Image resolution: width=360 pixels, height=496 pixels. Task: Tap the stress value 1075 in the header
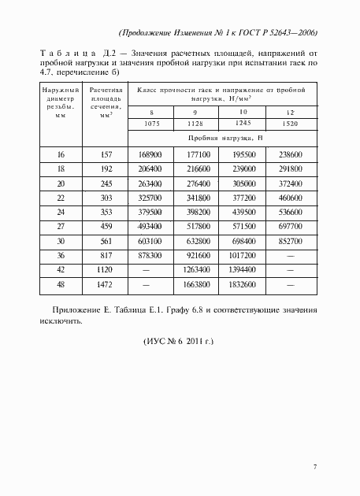[150, 124]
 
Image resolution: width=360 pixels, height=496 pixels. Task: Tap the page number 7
[314, 468]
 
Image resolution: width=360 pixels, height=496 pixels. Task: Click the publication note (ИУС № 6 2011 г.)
[180, 344]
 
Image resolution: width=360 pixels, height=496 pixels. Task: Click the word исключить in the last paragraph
[63, 321]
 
